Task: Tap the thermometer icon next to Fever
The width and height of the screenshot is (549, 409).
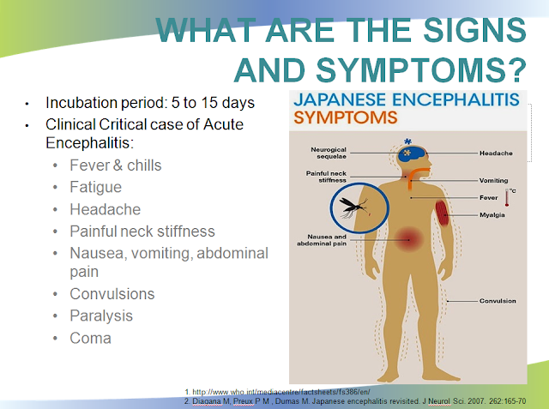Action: coord(507,197)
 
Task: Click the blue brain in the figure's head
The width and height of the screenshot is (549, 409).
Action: coord(411,153)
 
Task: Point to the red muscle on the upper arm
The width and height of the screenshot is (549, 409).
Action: coord(443,213)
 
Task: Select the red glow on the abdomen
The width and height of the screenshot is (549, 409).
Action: coord(408,240)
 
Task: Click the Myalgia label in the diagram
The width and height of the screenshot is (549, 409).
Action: coord(492,215)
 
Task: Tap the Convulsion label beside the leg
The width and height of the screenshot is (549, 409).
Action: coord(498,301)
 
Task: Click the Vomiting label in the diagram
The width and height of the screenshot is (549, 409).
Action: coord(493,181)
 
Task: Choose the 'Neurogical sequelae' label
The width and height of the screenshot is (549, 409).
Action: coord(329,153)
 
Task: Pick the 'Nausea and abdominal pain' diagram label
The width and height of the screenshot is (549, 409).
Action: coord(322,240)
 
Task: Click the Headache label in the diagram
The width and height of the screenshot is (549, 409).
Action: coord(496,153)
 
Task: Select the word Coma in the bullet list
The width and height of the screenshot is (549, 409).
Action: coord(90,338)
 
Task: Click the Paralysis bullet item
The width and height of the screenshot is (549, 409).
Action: coord(101,316)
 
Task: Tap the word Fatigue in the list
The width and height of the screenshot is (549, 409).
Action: coord(95,187)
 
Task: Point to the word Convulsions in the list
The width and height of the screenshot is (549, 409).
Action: coord(112,294)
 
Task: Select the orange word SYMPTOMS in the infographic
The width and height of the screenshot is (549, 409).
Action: coord(346,117)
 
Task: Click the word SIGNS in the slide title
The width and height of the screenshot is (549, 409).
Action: coord(474,30)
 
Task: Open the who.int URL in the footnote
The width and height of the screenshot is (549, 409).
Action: coord(281,392)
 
